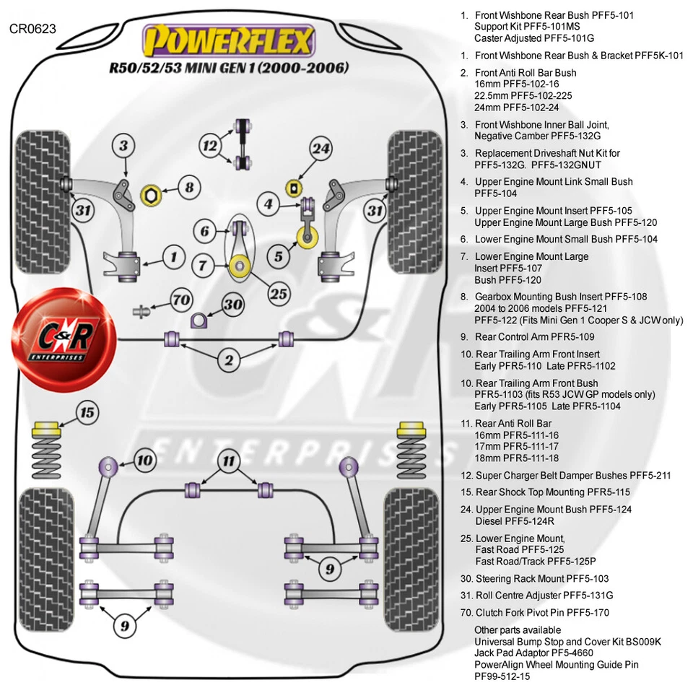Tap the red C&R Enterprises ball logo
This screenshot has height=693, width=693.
point(48,331)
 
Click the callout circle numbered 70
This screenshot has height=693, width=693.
point(182,299)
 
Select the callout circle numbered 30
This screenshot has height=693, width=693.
point(232,305)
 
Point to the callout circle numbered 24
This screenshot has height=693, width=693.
point(320,149)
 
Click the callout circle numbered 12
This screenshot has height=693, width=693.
point(210,147)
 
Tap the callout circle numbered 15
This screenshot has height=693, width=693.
point(87,414)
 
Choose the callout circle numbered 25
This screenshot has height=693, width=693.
point(279,293)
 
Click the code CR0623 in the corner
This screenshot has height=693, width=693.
point(32,29)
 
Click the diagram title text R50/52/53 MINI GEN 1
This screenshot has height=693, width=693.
point(229,69)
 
